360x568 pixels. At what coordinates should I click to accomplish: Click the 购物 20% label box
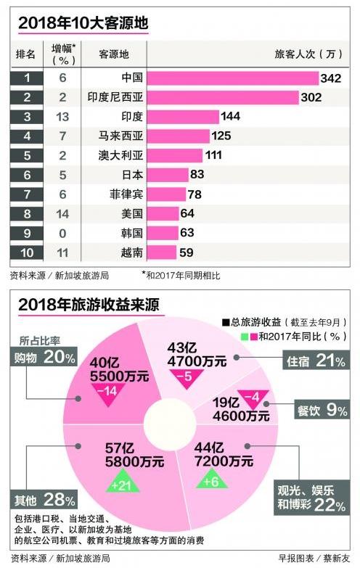44,357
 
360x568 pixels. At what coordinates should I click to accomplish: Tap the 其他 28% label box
44,500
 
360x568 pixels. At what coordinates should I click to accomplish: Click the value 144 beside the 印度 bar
233,117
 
